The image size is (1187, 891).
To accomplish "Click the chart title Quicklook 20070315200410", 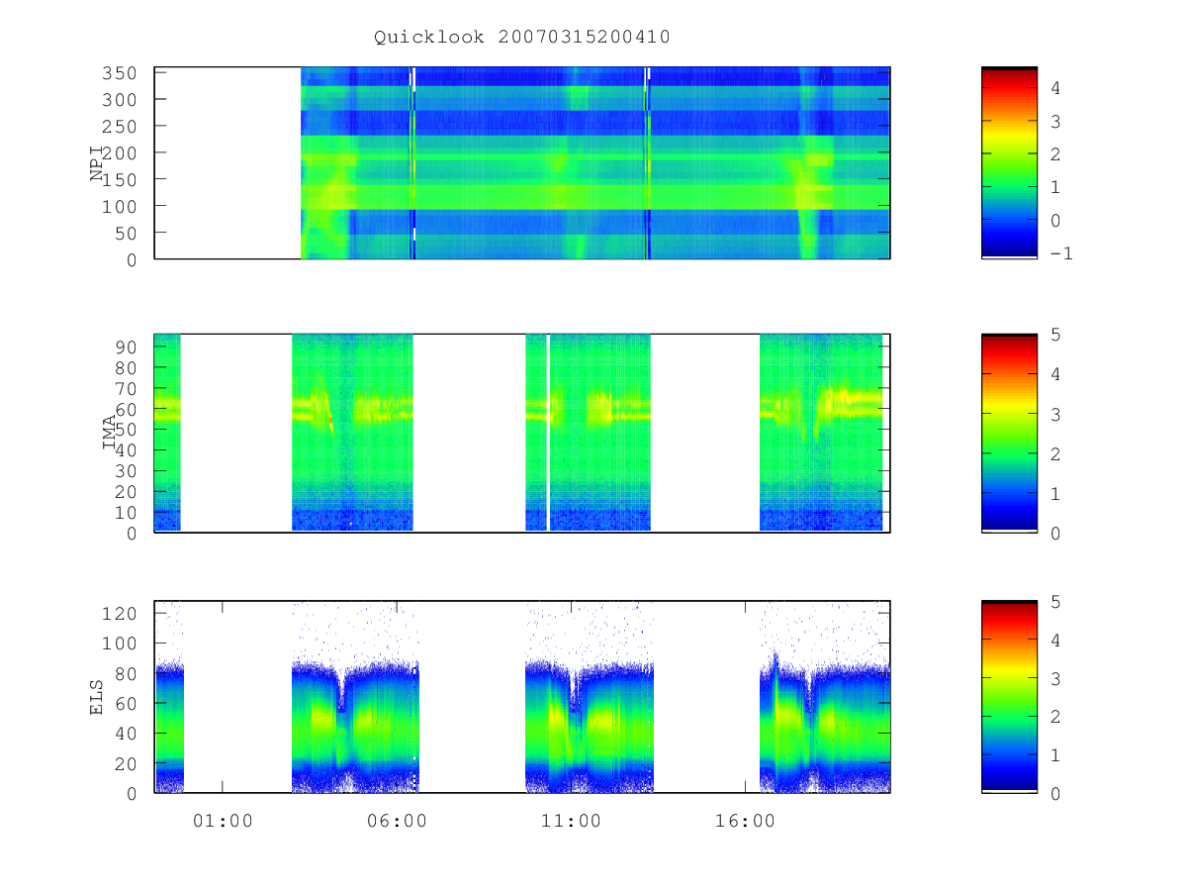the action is click(522, 38).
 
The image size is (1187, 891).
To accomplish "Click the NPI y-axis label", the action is click(96, 163).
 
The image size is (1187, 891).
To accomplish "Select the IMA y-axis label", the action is click(109, 432).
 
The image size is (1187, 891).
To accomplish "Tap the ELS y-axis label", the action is click(96, 697).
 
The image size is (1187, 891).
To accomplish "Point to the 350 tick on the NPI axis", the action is click(119, 73).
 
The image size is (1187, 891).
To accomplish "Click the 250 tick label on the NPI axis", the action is click(119, 127).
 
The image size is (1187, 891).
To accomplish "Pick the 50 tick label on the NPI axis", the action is click(125, 234).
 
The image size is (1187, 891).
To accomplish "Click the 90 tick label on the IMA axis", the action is click(125, 347).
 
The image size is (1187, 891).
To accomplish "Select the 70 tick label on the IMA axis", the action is click(125, 389).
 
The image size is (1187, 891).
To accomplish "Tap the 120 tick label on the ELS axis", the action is click(119, 614).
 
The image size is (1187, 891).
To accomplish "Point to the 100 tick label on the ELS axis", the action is click(119, 643).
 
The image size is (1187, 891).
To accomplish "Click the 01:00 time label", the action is click(223, 822).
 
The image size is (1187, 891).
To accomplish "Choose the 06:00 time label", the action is click(397, 822).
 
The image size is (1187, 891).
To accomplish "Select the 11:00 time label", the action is click(571, 822).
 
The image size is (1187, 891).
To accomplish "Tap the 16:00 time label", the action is click(745, 822).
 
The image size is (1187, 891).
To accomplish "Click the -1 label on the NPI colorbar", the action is click(1061, 253).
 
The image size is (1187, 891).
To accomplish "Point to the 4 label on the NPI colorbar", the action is click(1055, 88).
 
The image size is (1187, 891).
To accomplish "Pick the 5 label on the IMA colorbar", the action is click(1055, 335).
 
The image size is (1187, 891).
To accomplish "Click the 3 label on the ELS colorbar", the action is click(1055, 678).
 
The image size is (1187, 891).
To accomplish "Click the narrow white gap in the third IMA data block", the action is click(548, 433).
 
